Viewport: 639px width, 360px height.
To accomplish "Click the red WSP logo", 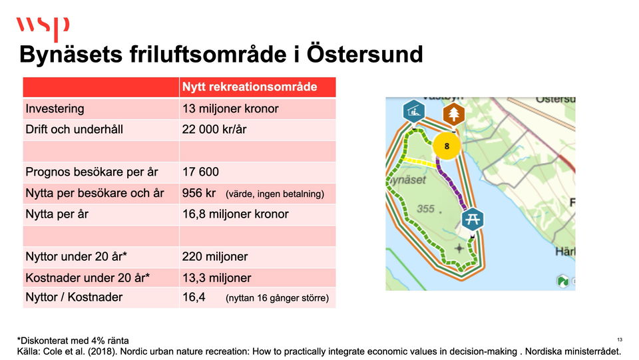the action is click(x=43, y=28).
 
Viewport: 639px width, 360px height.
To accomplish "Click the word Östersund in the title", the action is click(x=365, y=54).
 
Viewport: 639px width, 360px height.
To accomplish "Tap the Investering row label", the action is click(x=55, y=108).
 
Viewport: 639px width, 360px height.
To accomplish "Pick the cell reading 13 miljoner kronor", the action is click(x=230, y=108).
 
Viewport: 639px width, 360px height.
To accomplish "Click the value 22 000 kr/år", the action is click(x=214, y=130).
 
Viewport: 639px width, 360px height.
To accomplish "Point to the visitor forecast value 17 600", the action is click(x=200, y=172).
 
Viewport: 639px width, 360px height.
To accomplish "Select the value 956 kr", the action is click(x=199, y=193).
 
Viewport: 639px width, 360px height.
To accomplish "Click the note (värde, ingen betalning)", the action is click(x=275, y=194).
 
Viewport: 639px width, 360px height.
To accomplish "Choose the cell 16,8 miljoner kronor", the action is click(x=235, y=214).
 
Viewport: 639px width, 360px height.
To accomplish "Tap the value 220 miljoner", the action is click(x=215, y=257).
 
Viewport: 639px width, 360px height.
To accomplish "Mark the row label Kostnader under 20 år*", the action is click(x=88, y=277).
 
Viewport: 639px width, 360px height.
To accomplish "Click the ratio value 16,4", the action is click(x=194, y=297).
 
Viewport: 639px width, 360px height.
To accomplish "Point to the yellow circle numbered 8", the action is click(x=447, y=146).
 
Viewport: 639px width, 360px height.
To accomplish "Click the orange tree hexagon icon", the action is click(x=453, y=114).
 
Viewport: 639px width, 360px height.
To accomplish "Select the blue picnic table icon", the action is click(x=473, y=220).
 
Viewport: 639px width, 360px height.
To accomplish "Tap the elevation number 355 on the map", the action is click(x=425, y=209).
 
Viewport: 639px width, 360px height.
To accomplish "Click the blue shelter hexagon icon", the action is click(x=413, y=111).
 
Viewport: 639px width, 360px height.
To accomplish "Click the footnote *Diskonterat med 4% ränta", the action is click(x=73, y=341).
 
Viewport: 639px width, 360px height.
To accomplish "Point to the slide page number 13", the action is click(x=620, y=339).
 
